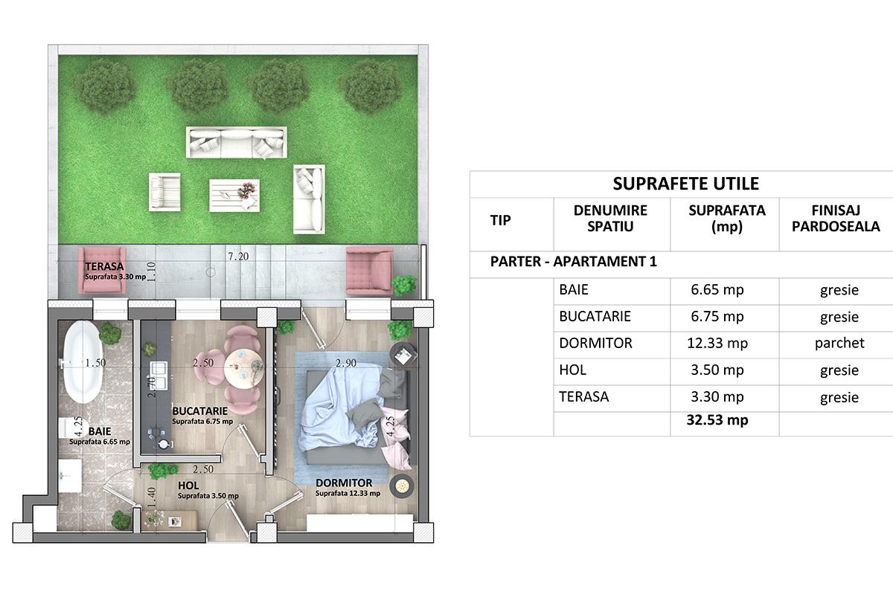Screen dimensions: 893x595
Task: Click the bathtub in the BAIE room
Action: [83, 361]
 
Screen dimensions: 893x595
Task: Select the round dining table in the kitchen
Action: [243, 368]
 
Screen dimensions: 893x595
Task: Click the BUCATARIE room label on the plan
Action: [199, 411]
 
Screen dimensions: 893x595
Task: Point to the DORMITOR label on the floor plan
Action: [344, 483]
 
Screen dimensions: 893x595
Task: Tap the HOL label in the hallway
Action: [188, 486]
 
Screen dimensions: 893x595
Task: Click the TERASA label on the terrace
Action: [104, 266]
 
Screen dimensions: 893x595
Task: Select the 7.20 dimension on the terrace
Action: [238, 257]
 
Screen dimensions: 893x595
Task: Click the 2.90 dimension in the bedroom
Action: [345, 363]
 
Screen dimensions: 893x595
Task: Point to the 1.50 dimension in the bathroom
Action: [96, 363]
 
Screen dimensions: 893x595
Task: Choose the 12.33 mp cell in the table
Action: [717, 343]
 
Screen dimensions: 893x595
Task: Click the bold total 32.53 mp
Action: [717, 420]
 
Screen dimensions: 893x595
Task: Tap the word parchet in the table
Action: [839, 343]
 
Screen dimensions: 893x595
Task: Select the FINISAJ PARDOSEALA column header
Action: [836, 218]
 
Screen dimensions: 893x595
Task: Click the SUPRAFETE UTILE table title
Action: [685, 184]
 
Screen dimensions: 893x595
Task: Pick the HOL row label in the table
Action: [572, 370]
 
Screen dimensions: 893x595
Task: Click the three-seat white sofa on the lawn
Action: [237, 142]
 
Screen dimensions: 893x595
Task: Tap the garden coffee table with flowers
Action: [234, 196]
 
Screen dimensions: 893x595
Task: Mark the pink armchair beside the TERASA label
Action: [103, 270]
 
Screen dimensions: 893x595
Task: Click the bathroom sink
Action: [70, 475]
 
